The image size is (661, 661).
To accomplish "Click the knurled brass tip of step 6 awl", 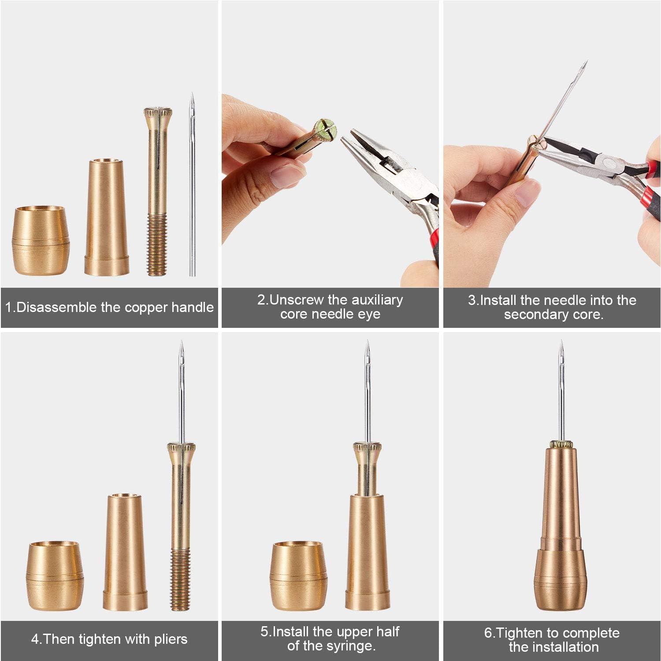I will point(561,444).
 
